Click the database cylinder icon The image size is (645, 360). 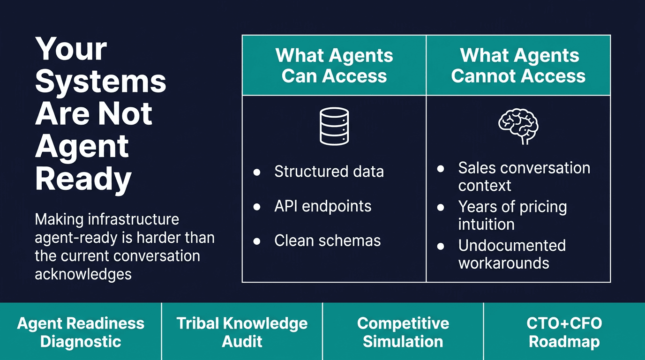click(x=334, y=126)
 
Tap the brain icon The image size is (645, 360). click(x=518, y=125)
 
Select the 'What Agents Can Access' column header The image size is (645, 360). click(x=334, y=66)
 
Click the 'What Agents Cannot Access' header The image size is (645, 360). click(x=518, y=66)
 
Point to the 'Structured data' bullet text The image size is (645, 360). click(x=329, y=172)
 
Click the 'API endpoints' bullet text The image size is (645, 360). click(x=322, y=206)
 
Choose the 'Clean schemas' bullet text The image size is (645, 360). click(x=327, y=241)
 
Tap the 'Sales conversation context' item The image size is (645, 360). click(x=524, y=177)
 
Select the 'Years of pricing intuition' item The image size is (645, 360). click(x=512, y=215)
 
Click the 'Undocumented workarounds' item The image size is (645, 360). click(x=511, y=254)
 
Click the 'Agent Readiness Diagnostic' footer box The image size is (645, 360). click(x=81, y=332)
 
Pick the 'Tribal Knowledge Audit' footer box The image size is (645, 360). click(x=242, y=332)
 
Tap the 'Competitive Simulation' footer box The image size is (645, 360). click(x=403, y=332)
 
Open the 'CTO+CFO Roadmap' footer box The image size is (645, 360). click(x=564, y=332)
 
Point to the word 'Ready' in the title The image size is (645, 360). click(x=83, y=179)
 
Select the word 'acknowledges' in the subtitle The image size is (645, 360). click(x=83, y=274)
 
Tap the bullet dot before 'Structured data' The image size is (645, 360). click(x=257, y=172)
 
